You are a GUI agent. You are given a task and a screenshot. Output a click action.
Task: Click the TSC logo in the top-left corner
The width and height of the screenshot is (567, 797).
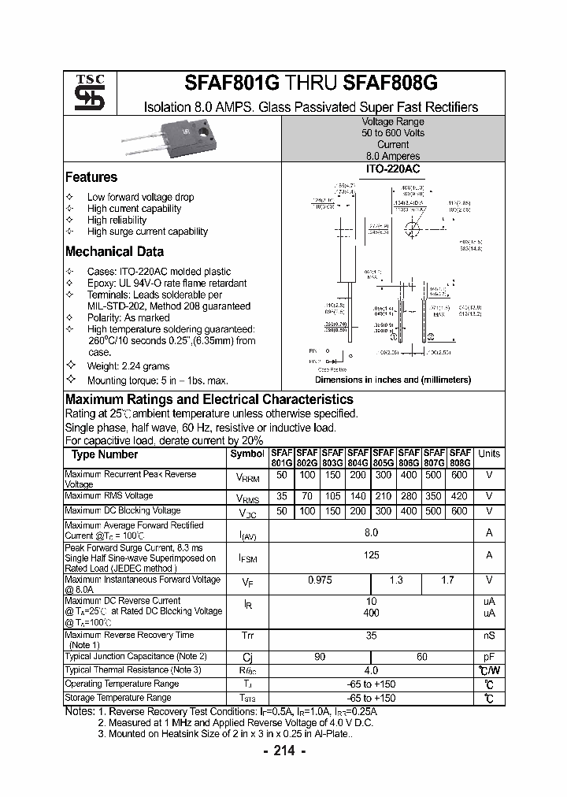[83, 94]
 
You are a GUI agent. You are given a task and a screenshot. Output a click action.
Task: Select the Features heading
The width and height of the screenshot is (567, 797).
[91, 177]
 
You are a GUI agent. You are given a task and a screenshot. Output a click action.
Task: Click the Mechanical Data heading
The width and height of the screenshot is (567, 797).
[114, 252]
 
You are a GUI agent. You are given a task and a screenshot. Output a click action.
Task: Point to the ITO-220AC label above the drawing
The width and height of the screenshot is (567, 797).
[392, 169]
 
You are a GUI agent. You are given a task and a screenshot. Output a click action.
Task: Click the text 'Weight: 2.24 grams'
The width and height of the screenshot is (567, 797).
[128, 366]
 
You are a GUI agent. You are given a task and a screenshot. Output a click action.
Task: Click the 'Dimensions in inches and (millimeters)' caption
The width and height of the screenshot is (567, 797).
[392, 380]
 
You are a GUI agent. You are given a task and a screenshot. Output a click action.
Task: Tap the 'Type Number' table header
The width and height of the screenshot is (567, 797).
[105, 454]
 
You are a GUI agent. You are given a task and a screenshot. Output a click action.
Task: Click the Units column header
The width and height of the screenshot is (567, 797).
[489, 454]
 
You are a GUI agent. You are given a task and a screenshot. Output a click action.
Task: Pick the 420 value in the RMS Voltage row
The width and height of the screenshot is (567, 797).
[460, 496]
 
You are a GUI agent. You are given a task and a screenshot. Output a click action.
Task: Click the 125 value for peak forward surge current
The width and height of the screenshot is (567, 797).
[371, 555]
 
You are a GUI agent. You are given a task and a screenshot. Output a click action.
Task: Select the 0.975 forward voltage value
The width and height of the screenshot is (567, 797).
[320, 580]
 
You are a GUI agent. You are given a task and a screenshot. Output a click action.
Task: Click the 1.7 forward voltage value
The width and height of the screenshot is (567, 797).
[447, 580]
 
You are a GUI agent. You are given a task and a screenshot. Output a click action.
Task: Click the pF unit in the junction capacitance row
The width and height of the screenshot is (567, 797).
[489, 656]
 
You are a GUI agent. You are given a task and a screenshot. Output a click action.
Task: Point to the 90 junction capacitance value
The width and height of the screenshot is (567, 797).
[320, 656]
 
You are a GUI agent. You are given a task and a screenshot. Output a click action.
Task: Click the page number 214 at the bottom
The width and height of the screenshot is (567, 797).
[283, 751]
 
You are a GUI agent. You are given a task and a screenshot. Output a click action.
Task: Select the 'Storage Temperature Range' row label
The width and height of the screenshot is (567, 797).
[117, 698]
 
